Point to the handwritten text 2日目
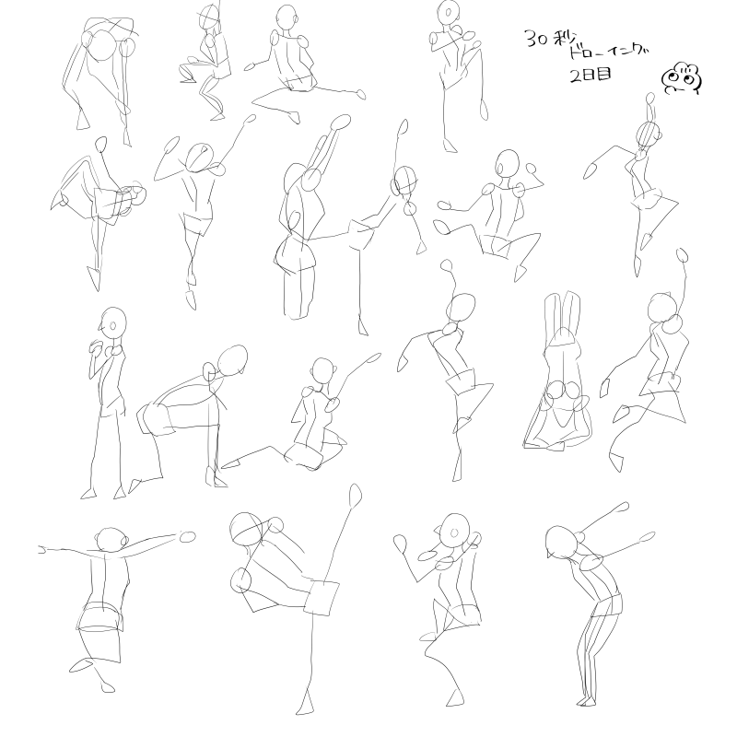click(591, 75)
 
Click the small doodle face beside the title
click(682, 77)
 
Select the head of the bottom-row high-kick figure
click(249, 529)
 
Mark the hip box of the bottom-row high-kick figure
click(322, 597)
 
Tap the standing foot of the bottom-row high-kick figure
click(306, 703)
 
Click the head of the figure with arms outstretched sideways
click(110, 541)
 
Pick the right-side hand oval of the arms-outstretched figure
click(188, 537)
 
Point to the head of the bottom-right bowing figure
click(562, 542)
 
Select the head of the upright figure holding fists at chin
click(113, 322)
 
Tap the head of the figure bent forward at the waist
click(233, 361)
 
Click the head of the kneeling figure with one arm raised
click(323, 371)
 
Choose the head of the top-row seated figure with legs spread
click(286, 20)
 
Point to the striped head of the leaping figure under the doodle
click(649, 135)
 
